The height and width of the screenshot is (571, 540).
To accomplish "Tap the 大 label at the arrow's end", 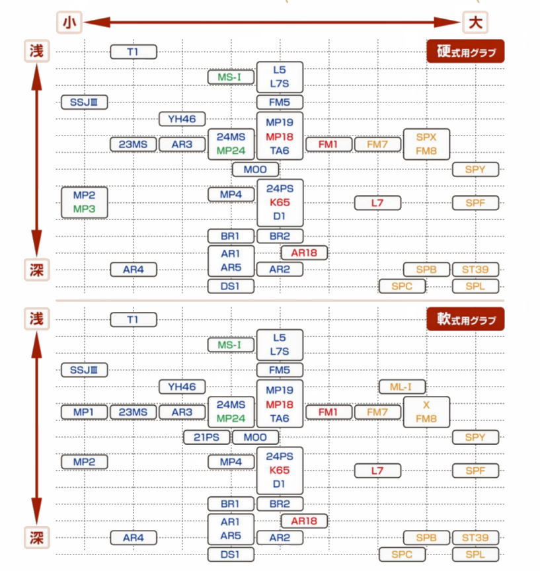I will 474,22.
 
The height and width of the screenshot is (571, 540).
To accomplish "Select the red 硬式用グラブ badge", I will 465,51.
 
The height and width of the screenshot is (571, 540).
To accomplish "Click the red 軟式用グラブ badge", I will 465,319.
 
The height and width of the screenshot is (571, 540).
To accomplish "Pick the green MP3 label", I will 84,209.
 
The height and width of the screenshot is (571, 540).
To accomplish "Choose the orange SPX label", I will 426,137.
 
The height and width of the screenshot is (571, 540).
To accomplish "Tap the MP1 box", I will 84,412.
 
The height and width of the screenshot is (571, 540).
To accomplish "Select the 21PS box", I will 206,437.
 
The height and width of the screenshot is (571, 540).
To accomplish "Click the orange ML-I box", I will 402,387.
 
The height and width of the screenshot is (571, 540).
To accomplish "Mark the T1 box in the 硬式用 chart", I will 133,52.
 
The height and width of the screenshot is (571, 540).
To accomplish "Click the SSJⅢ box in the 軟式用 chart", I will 84,370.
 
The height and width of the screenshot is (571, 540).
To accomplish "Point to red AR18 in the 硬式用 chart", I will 304,252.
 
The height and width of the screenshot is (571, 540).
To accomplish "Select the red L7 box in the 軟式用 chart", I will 377,471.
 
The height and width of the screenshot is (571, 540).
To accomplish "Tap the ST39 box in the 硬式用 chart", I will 475,270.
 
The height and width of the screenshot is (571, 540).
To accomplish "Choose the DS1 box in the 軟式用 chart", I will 231,554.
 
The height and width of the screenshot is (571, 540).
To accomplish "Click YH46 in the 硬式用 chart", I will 182,119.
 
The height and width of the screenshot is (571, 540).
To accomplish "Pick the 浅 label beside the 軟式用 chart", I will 37,318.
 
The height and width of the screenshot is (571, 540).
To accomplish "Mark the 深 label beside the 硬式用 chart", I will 37,270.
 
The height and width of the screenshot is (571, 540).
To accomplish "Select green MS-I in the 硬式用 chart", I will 231,77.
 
